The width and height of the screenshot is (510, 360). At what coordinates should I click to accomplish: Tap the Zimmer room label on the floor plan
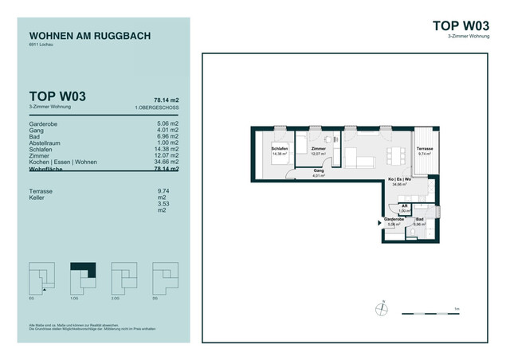coord(319,149)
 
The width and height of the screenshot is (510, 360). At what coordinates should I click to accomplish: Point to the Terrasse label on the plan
coord(424,149)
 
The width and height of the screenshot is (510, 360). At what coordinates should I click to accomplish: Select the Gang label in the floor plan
coord(318,171)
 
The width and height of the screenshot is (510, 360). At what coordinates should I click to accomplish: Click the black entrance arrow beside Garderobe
coord(380,225)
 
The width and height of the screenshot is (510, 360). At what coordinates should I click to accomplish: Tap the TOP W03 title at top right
coord(461,25)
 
